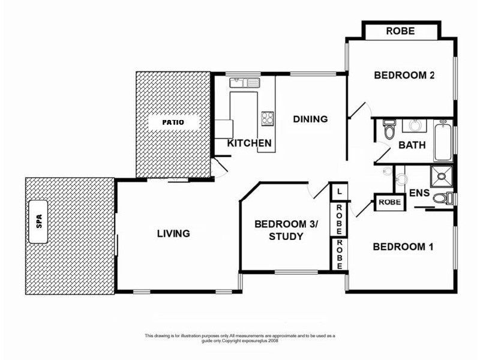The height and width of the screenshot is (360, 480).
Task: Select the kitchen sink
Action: [x=244, y=83]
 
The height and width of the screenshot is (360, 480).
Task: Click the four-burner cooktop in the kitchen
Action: [x=267, y=118]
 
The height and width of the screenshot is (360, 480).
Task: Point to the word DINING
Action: [x=310, y=119]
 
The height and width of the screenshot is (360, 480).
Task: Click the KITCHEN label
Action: [x=249, y=143]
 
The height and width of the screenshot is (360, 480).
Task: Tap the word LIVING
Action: [x=173, y=233]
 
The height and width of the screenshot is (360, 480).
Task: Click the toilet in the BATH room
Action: [x=388, y=130]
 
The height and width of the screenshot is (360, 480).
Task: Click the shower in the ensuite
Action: [x=442, y=176]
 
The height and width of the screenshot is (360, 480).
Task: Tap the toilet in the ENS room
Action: [x=442, y=199]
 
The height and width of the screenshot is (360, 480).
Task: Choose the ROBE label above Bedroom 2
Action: [x=400, y=31]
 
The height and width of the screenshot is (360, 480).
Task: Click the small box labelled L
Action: [x=340, y=192]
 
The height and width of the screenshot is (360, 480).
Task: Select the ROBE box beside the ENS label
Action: [x=389, y=203]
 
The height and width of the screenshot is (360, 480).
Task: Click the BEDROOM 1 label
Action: [x=403, y=247]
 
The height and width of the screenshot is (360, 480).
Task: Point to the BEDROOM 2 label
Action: [x=404, y=76]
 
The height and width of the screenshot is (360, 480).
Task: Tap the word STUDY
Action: [x=286, y=236]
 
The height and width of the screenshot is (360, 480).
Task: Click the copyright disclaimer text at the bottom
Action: [x=240, y=339]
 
